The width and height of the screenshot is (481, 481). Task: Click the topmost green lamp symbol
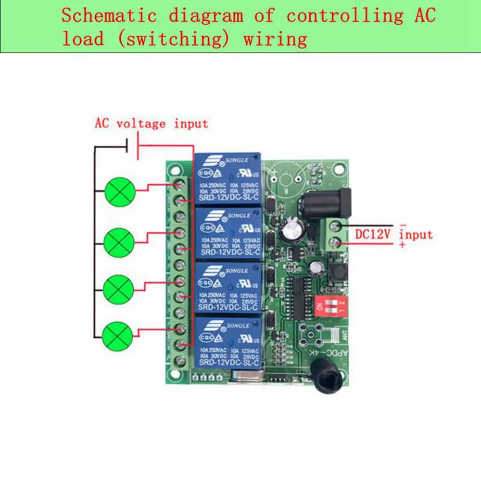[118, 190]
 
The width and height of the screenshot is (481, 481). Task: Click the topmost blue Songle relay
[227, 180]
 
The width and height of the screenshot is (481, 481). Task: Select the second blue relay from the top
[227, 234]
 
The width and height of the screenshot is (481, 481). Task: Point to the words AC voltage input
[151, 124]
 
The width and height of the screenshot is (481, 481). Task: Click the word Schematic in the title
[109, 16]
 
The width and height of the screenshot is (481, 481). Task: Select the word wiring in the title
[275, 39]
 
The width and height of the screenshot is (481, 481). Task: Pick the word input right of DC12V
[416, 235]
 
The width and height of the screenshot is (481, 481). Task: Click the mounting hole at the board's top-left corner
[173, 169]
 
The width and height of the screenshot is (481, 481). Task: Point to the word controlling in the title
[345, 16]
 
